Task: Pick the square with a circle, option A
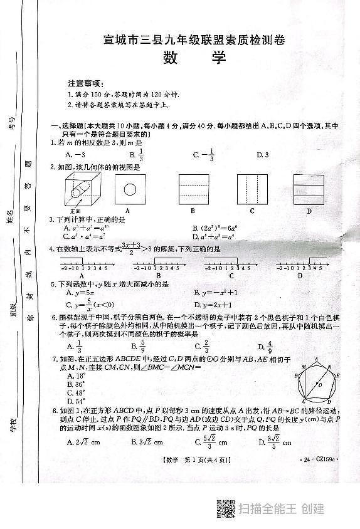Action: tap(130, 188)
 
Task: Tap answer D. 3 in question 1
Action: tap(262, 155)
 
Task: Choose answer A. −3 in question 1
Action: tap(75, 155)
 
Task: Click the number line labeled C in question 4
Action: tap(231, 268)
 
